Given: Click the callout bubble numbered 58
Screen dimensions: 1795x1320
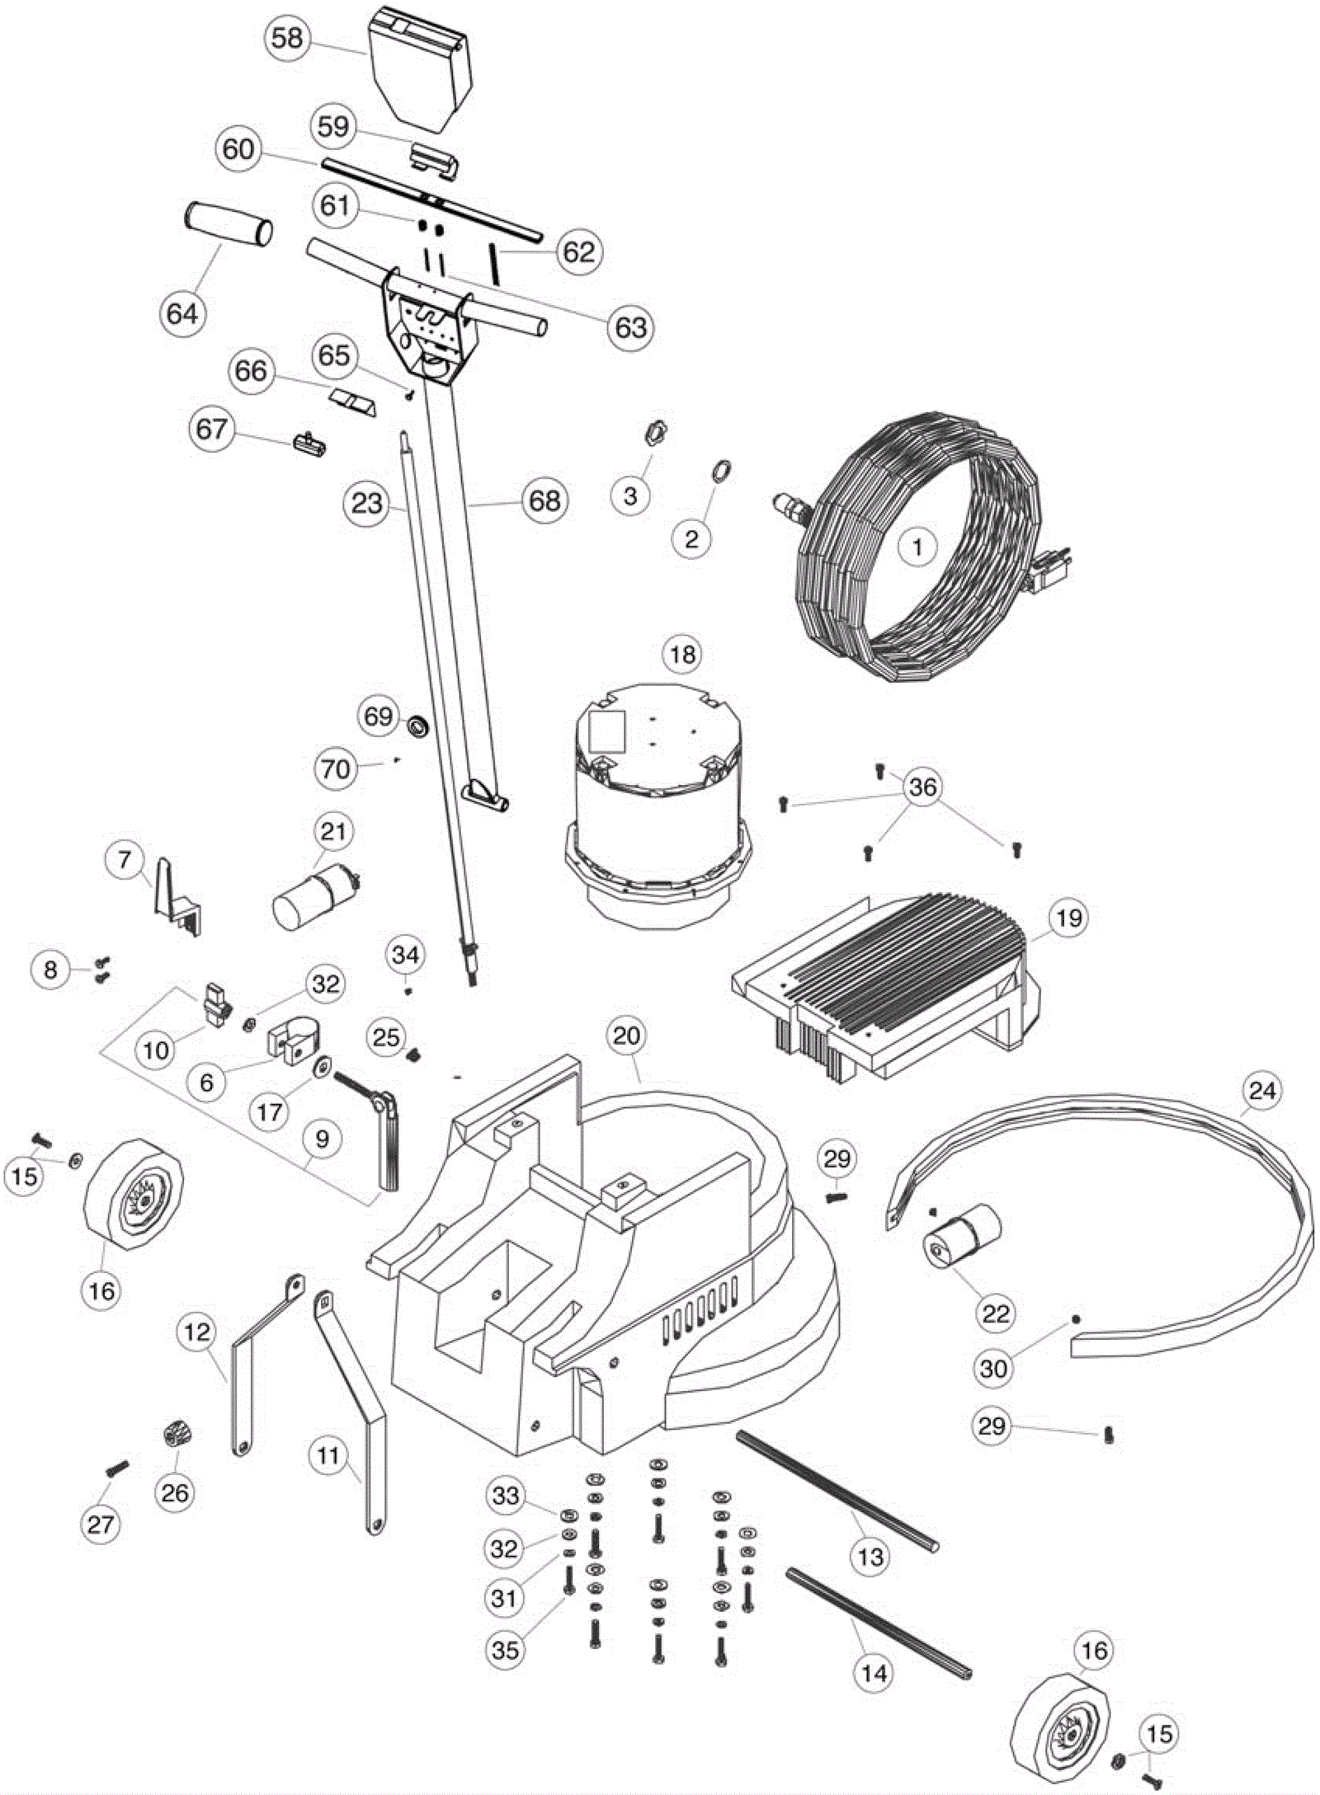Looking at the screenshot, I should pyautogui.click(x=287, y=38).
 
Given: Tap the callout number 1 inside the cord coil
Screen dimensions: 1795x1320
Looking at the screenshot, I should pyautogui.click(x=917, y=546).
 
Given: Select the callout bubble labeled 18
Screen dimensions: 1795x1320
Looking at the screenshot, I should pyautogui.click(x=682, y=655).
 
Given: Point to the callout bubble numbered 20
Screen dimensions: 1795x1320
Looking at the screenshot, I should pyautogui.click(x=627, y=1036).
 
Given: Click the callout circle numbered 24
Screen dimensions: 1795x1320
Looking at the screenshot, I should pyautogui.click(x=1262, y=1091).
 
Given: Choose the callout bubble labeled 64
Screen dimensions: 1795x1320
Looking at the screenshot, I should pyautogui.click(x=182, y=313).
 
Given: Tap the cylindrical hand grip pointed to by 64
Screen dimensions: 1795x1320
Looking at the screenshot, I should pyautogui.click(x=228, y=224).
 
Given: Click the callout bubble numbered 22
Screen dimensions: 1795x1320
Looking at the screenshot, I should pyautogui.click(x=996, y=1313).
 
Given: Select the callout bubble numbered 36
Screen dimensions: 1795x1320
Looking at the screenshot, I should pyautogui.click(x=922, y=787).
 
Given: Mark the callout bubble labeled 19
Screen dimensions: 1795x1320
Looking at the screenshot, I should pyautogui.click(x=1069, y=918).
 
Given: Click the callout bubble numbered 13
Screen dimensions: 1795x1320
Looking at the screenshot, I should pyautogui.click(x=871, y=1557).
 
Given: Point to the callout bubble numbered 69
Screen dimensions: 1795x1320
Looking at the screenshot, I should pyautogui.click(x=379, y=716).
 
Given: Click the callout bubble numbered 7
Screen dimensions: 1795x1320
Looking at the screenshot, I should pyautogui.click(x=125, y=861).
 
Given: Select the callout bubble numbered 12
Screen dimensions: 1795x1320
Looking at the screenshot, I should pyautogui.click(x=198, y=1332).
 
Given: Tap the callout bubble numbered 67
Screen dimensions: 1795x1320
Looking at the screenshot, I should pyautogui.click(x=211, y=429).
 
